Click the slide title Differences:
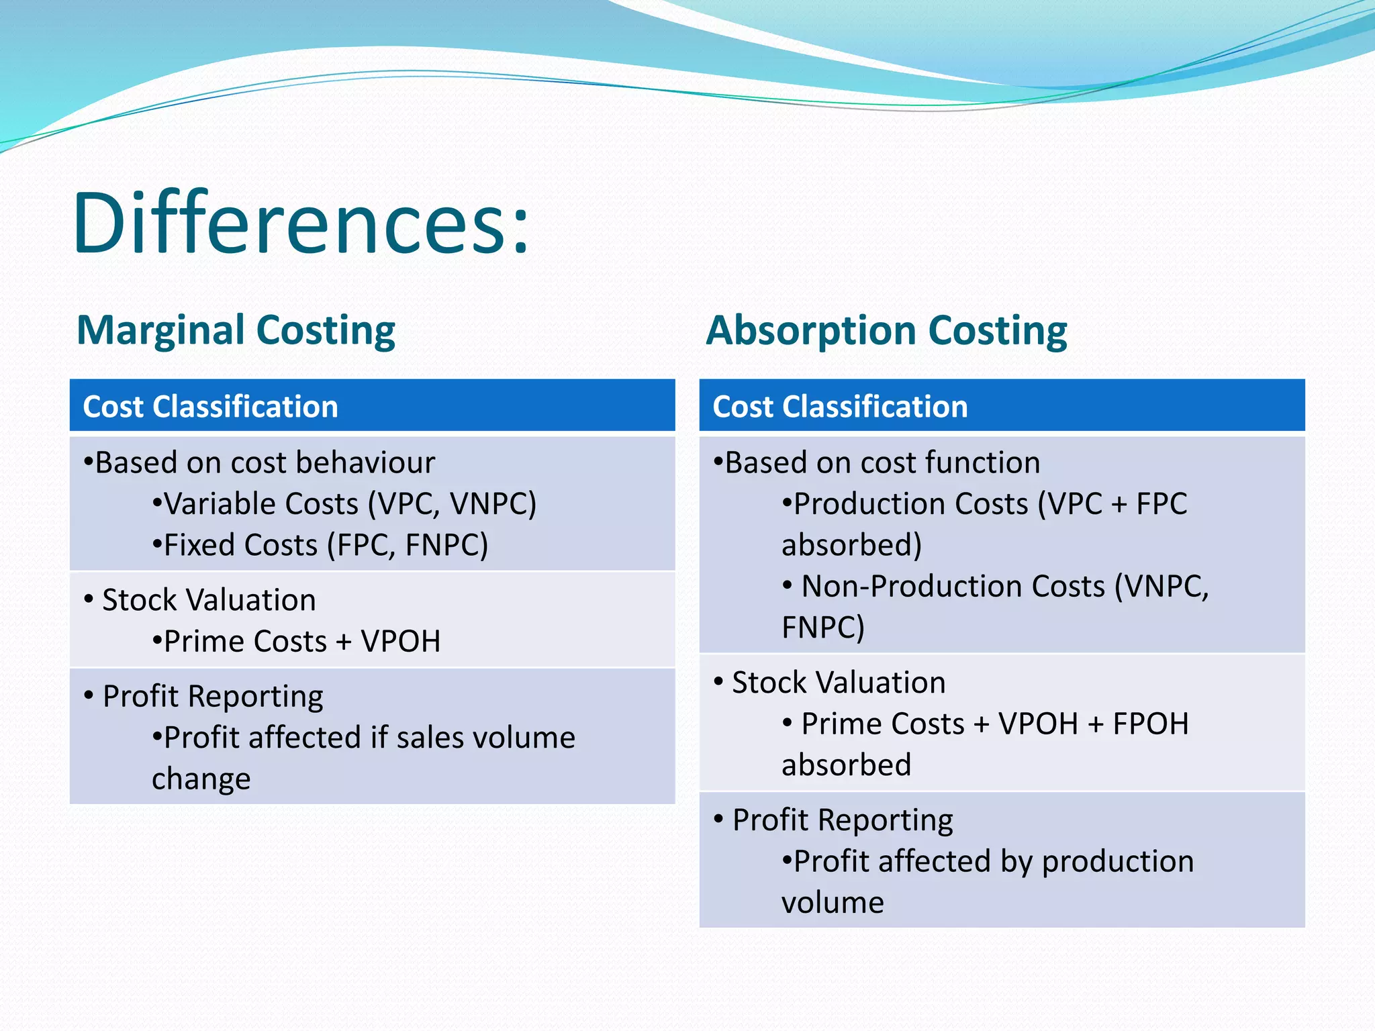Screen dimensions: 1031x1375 pyautogui.click(x=301, y=223)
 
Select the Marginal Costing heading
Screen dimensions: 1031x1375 pyautogui.click(x=236, y=330)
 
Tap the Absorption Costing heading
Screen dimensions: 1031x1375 pyautogui.click(x=886, y=330)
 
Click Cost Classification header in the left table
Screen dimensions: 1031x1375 pyautogui.click(x=210, y=407)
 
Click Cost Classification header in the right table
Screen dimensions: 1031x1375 pyautogui.click(x=840, y=407)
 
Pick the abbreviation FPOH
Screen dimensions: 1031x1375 pyautogui.click(x=1151, y=724)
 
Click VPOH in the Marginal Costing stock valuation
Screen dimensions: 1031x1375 pyautogui.click(x=400, y=641)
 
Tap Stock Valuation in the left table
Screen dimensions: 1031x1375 pyautogui.click(x=209, y=599)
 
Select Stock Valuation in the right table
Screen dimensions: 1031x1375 pyautogui.click(x=839, y=683)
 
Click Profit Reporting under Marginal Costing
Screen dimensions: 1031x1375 pyautogui.click(x=213, y=696)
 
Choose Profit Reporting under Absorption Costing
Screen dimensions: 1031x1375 pyautogui.click(x=843, y=820)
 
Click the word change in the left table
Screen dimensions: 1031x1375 pyautogui.click(x=201, y=779)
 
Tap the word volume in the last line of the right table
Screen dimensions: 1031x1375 pyautogui.click(x=833, y=903)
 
